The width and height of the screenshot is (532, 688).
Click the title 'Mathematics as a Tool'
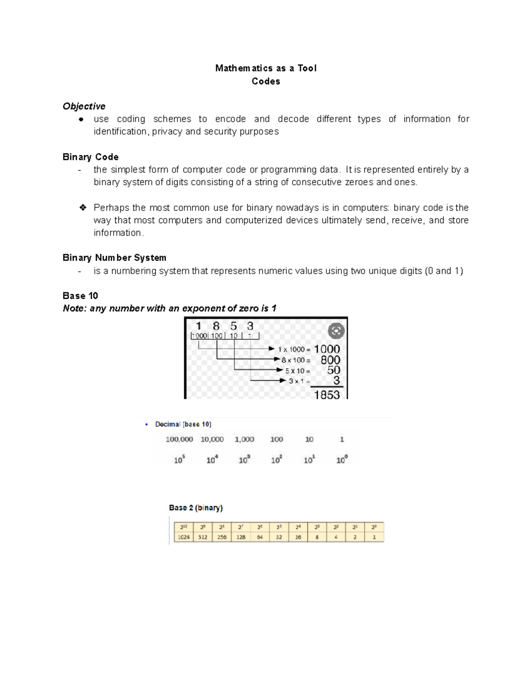tap(266, 68)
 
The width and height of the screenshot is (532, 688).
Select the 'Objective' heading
tap(84, 106)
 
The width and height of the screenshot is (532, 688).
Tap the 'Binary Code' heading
tap(90, 157)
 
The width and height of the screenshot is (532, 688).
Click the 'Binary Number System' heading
tap(114, 258)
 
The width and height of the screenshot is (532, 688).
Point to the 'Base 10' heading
tap(80, 296)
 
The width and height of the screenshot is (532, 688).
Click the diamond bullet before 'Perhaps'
tap(82, 208)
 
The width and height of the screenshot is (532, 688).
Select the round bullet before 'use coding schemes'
tap(81, 119)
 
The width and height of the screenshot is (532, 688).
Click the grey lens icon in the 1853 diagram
tap(336, 331)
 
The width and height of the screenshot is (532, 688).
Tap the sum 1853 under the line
tap(327, 395)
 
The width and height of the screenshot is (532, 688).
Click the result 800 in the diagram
tap(330, 360)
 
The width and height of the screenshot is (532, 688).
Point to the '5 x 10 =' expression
tap(297, 371)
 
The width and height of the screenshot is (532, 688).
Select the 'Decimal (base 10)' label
tap(183, 424)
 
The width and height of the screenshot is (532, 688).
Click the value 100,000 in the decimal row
tap(179, 439)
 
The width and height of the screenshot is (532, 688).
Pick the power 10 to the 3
tap(244, 460)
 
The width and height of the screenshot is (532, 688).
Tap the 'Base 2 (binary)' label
tap(196, 508)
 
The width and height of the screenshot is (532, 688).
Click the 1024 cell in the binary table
tap(184, 537)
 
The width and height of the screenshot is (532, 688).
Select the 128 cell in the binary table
tap(241, 537)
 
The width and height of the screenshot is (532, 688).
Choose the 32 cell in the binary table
tap(279, 537)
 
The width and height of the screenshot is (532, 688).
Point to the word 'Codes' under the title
tap(266, 82)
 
